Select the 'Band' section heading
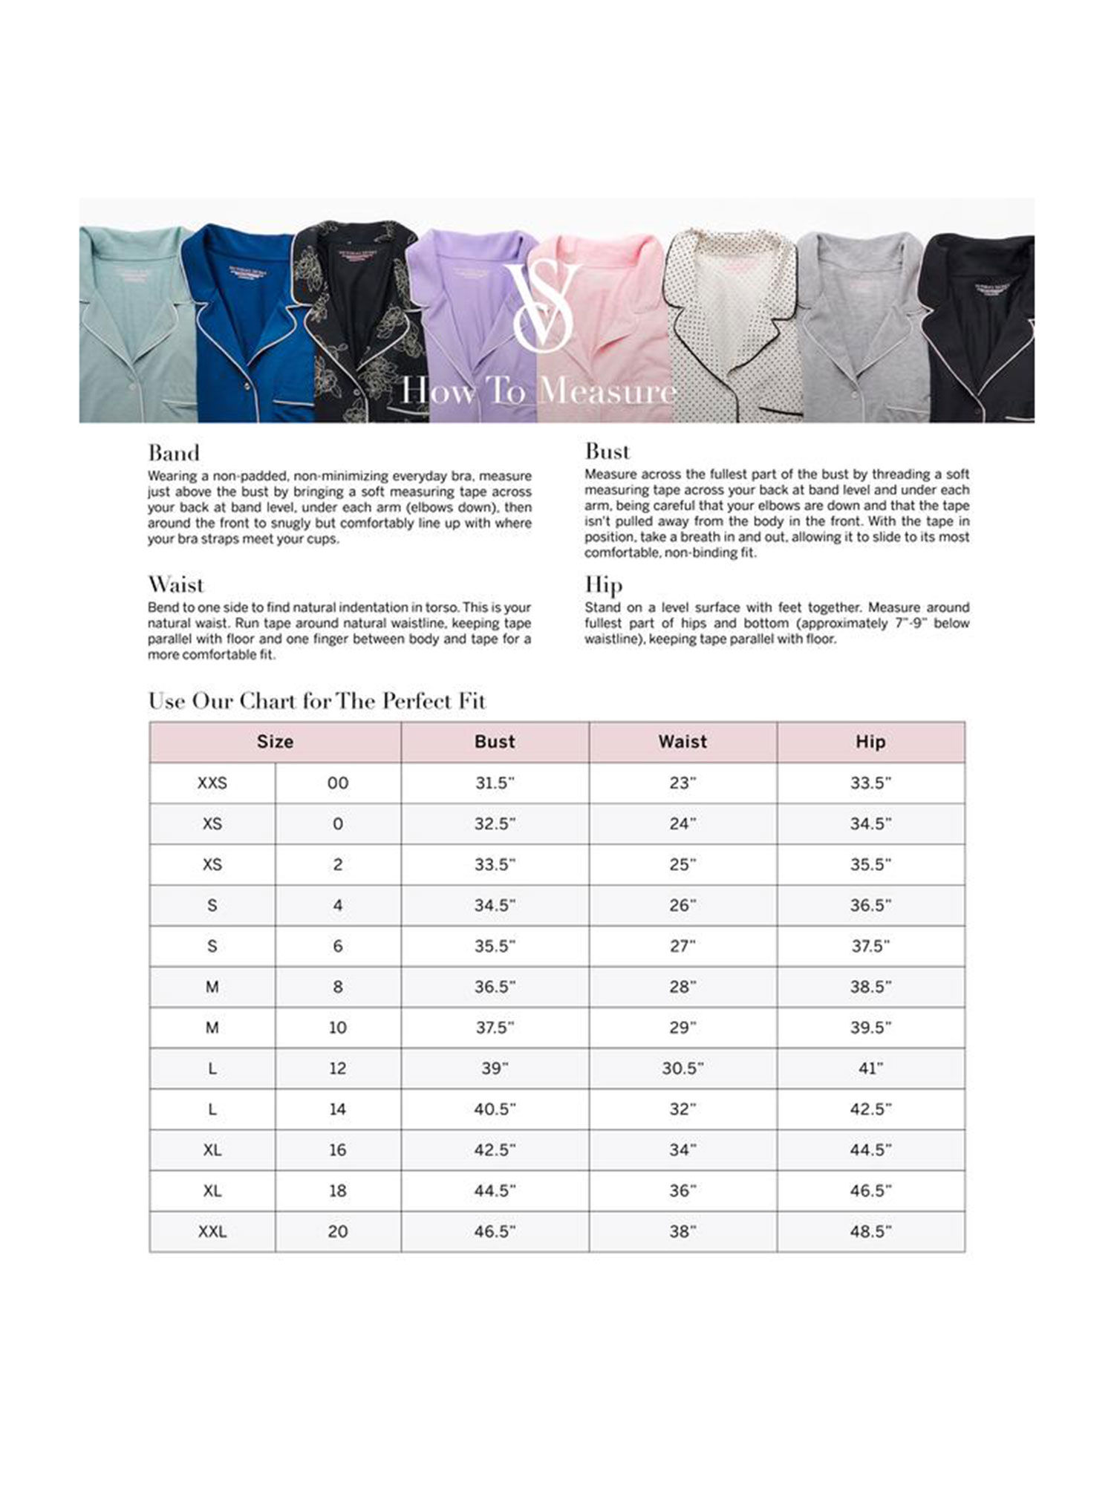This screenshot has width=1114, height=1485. pyautogui.click(x=174, y=454)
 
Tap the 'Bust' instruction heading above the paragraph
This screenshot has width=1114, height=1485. pyautogui.click(x=608, y=451)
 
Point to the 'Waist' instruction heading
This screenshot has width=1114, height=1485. pyautogui.click(x=176, y=585)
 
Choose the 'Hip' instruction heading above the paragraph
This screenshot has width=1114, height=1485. pyautogui.click(x=603, y=586)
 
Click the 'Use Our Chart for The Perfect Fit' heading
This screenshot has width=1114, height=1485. pyautogui.click(x=317, y=701)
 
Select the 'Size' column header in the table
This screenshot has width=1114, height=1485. pyautogui.click(x=275, y=742)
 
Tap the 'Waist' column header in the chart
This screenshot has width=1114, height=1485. pyautogui.click(x=683, y=742)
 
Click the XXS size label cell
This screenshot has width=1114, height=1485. pyautogui.click(x=212, y=783)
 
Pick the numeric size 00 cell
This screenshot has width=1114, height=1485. pyautogui.click(x=338, y=783)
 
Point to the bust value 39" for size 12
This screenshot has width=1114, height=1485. pyautogui.click(x=495, y=1068)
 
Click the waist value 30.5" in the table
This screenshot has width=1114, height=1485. pyautogui.click(x=683, y=1068)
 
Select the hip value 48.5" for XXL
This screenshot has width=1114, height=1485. pyautogui.click(x=870, y=1232)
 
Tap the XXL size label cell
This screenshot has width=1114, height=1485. pyautogui.click(x=212, y=1232)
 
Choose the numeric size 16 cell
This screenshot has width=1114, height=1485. pyautogui.click(x=338, y=1150)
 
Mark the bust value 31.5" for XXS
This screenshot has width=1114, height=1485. pyautogui.click(x=495, y=783)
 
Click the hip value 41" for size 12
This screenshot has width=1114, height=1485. pyautogui.click(x=870, y=1068)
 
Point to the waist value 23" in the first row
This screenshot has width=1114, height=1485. pyautogui.click(x=683, y=783)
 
